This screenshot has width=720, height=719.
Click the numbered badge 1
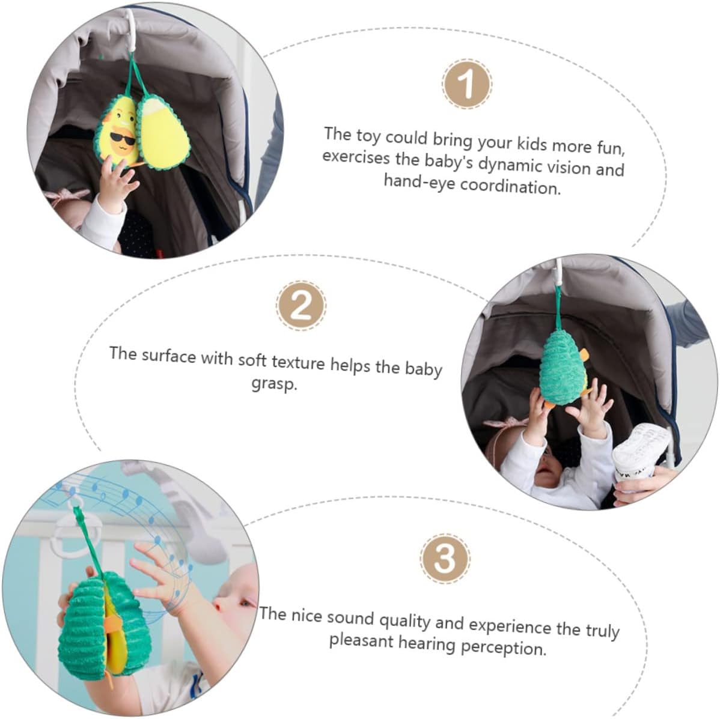(467, 84)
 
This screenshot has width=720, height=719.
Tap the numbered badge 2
(301, 305)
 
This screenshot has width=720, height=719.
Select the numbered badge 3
(445, 559)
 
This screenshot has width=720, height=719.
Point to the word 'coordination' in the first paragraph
(511, 186)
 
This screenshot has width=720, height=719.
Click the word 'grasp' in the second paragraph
(274, 384)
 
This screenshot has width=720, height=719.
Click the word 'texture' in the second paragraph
(299, 362)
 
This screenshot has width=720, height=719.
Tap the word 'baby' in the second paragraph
(423, 368)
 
